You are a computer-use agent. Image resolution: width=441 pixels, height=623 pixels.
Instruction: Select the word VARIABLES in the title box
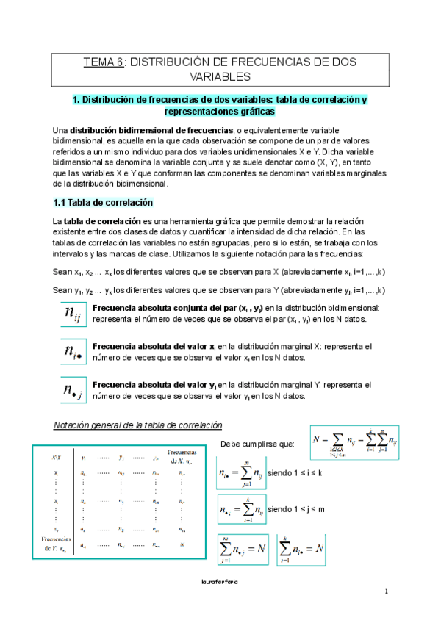click(x=220, y=76)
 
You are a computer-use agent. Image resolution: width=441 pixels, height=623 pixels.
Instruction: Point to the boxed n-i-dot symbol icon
click(x=73, y=352)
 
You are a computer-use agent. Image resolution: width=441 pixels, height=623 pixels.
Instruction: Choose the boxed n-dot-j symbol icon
click(x=73, y=389)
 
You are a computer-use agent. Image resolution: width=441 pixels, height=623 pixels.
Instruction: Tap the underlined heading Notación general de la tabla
click(x=133, y=426)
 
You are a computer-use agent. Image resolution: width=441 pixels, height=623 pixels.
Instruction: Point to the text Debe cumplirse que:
click(x=257, y=443)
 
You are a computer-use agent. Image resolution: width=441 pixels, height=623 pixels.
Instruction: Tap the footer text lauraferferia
click(x=220, y=580)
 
